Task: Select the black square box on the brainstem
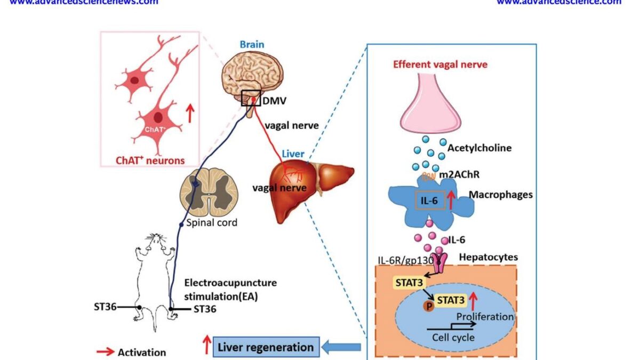[x=251, y=98]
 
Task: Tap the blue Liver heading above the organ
[x=293, y=154]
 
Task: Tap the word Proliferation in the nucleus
[x=485, y=317]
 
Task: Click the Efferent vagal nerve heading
[x=440, y=65]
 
